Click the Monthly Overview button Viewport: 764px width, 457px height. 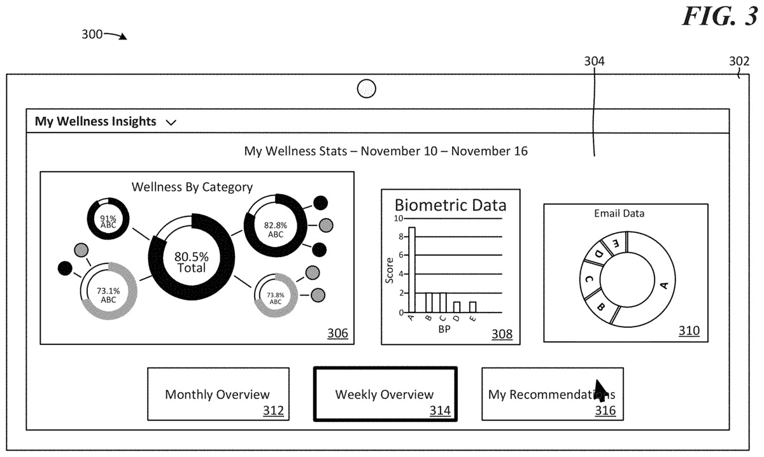[x=218, y=394]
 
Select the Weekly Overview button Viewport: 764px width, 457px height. [x=385, y=394]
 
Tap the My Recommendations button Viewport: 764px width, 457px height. [x=553, y=394]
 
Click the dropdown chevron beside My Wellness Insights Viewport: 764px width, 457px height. [x=171, y=122]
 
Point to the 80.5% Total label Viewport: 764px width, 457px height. [x=192, y=262]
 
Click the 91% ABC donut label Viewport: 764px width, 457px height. [x=108, y=221]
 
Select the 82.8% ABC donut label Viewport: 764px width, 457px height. [x=276, y=230]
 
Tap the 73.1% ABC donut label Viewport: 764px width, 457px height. [x=108, y=295]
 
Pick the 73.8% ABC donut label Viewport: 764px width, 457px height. [x=276, y=298]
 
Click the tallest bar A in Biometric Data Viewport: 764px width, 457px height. [x=412, y=269]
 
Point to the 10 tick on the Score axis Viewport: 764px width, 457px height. [x=399, y=218]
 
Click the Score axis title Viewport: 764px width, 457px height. [x=389, y=271]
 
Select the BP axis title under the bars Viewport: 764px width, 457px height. [x=444, y=329]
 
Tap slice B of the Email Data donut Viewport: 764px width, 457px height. [x=601, y=306]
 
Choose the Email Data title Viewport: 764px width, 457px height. [x=619, y=213]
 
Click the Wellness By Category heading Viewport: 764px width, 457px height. [x=192, y=187]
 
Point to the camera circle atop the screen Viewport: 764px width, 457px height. [x=366, y=89]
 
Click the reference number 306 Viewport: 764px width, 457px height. [x=337, y=333]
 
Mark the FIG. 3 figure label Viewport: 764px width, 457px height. [x=719, y=16]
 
